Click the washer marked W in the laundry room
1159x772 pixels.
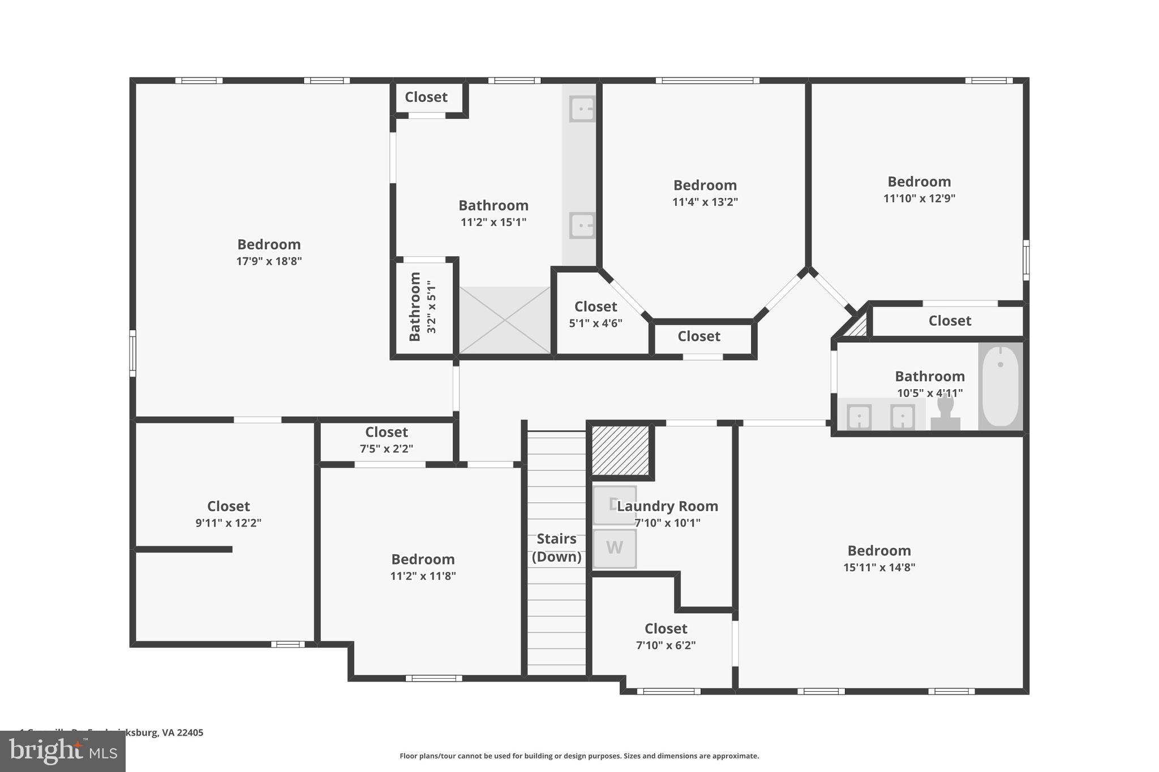[x=614, y=548]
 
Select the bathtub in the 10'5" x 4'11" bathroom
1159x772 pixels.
[x=1000, y=386]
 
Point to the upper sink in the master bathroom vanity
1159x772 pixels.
[x=582, y=109]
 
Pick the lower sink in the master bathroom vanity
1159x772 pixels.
[x=582, y=225]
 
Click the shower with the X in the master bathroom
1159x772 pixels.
[x=504, y=320]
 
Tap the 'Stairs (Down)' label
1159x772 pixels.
[x=556, y=547]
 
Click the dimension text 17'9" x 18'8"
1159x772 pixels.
[x=269, y=261]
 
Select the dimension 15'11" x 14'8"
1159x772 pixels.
[x=879, y=567]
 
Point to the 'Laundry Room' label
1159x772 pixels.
[x=667, y=506]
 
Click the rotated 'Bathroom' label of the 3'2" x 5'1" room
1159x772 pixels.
[x=415, y=307]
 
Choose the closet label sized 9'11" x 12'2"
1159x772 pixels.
[x=228, y=506]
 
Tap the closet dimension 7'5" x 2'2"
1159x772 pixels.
[x=387, y=449]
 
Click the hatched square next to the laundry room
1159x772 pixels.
[x=620, y=450]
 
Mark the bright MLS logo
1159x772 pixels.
[x=62, y=751]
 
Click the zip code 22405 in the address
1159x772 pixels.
[x=190, y=732]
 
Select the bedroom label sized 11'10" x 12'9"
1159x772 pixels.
[x=919, y=182]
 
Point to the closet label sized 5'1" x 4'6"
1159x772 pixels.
[x=595, y=307]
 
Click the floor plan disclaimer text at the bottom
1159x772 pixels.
[x=579, y=756]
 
